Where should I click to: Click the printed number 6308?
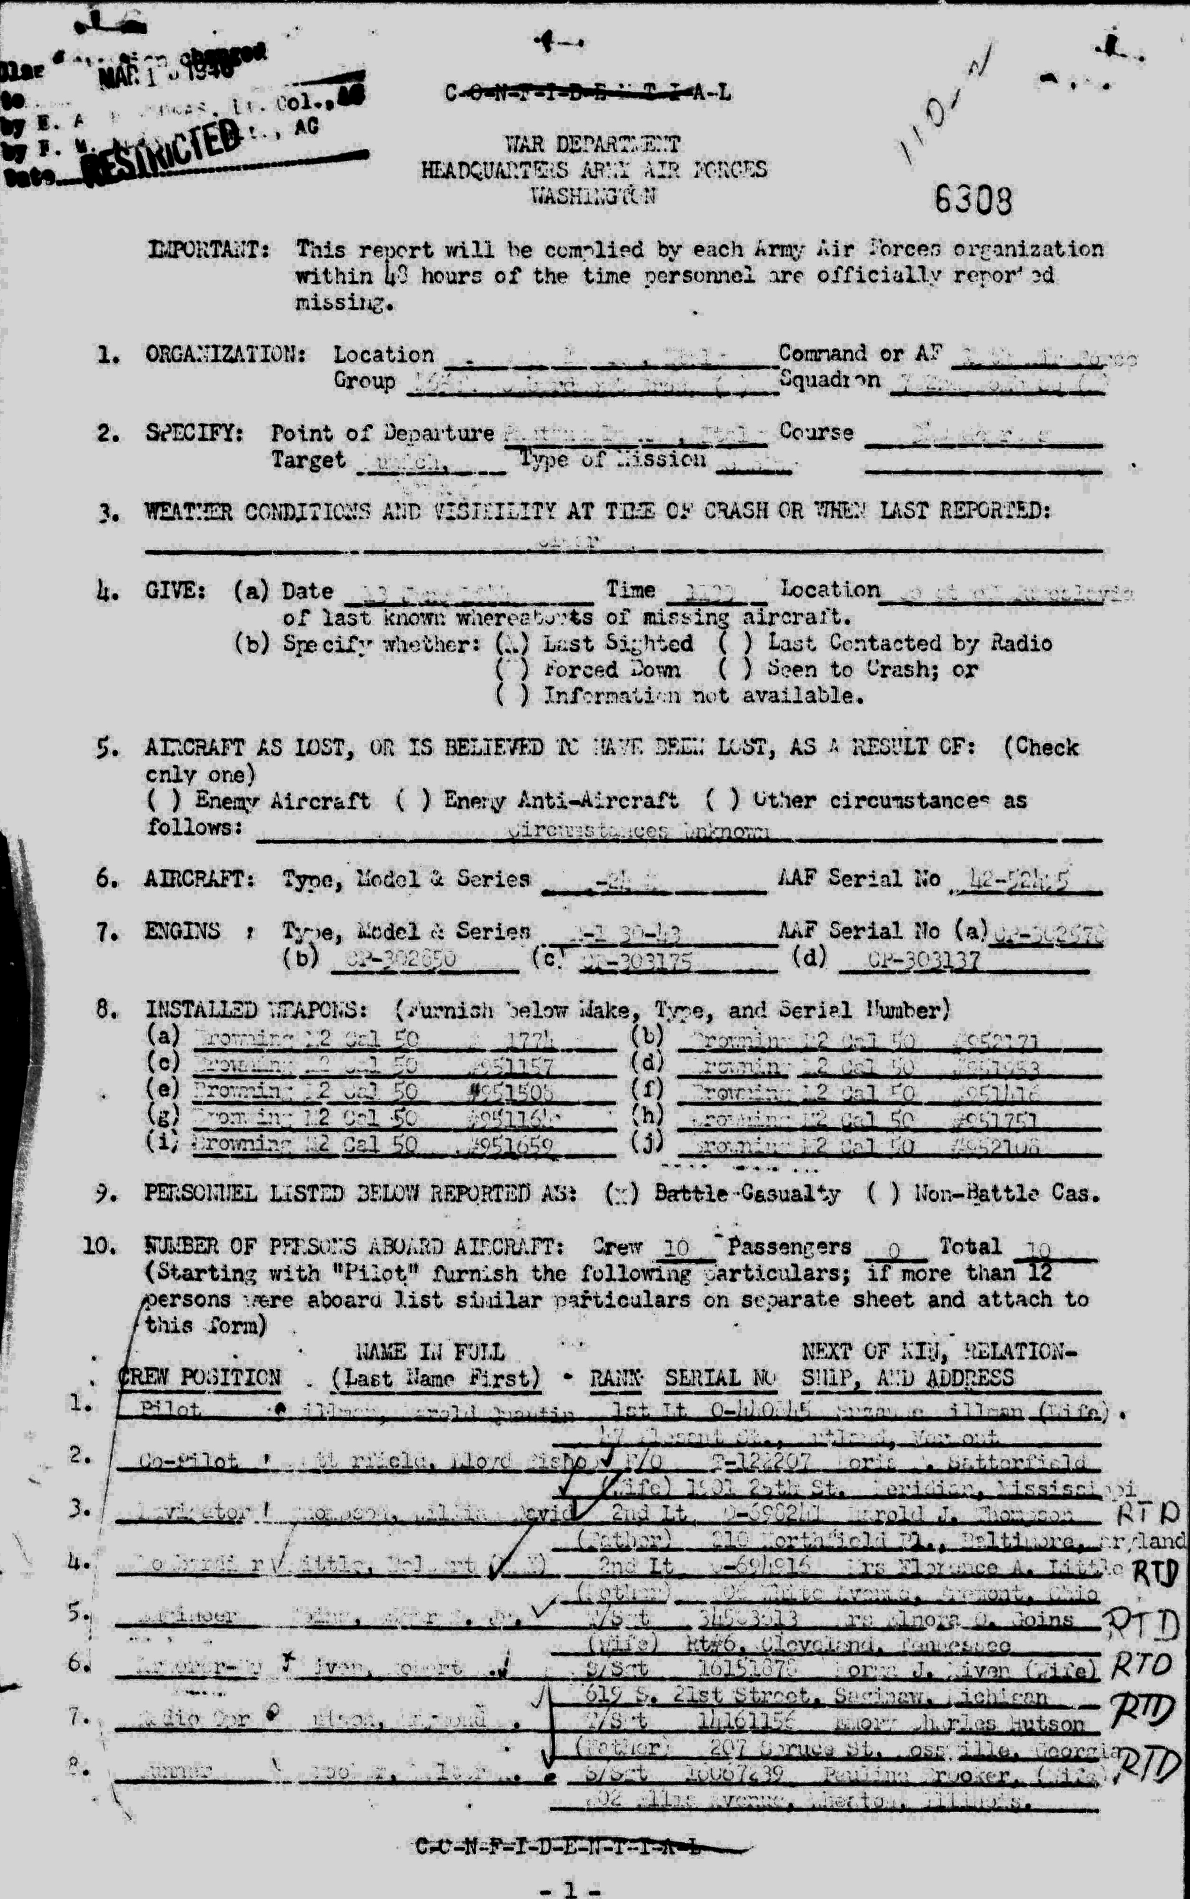[973, 202]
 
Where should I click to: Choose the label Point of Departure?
[383, 433]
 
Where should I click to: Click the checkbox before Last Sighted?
[512, 644]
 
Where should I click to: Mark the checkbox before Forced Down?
[512, 670]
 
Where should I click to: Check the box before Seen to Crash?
[735, 670]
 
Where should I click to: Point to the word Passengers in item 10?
[790, 1247]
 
